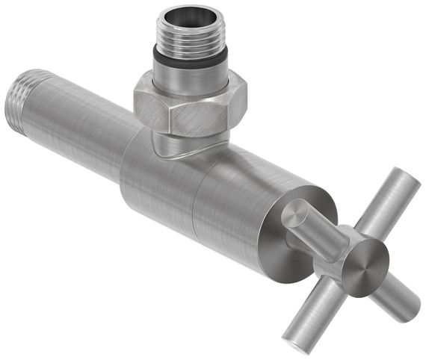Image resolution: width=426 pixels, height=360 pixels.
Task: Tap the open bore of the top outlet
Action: click(191, 17)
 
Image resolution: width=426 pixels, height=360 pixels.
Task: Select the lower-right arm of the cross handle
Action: click(396, 295)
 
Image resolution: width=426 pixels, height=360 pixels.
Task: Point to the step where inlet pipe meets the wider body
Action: click(123, 161)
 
